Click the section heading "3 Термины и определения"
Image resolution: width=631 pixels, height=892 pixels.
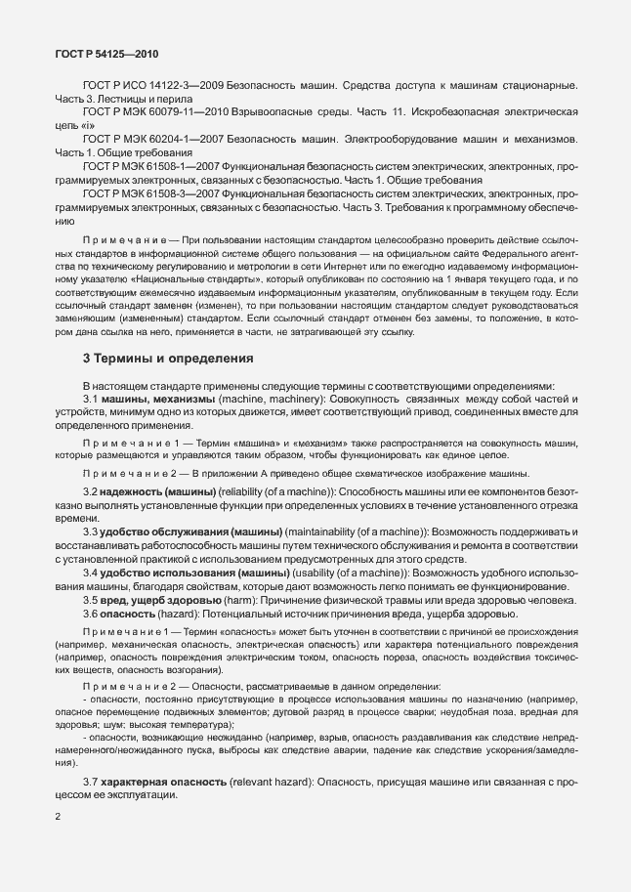[168, 359]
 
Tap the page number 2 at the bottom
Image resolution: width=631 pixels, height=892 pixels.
[58, 815]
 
